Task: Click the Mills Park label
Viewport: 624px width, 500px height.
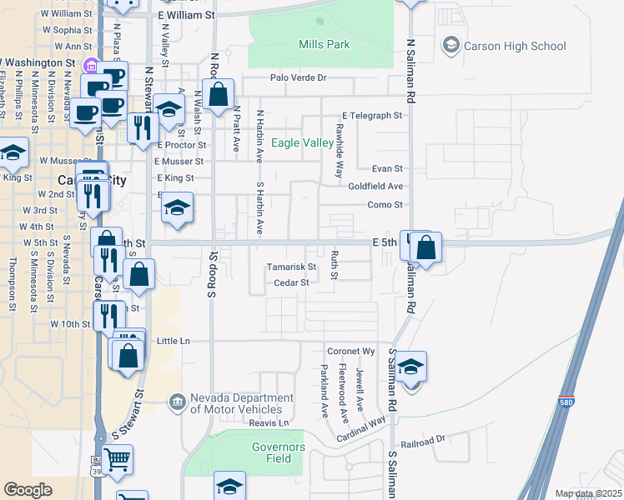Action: [325, 44]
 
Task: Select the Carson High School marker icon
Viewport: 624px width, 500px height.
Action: [451, 45]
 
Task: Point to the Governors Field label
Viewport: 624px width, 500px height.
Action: [279, 452]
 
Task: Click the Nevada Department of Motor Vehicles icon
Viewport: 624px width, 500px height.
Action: [176, 403]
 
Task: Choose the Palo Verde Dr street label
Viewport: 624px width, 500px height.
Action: [298, 77]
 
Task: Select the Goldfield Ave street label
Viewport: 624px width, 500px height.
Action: [375, 187]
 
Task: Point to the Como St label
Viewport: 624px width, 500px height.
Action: [385, 204]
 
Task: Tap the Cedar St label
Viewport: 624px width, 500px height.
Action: [292, 282]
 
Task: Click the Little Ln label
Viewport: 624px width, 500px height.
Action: [174, 341]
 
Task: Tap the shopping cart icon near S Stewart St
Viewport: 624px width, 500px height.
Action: [117, 459]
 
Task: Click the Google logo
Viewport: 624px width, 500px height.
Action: [28, 490]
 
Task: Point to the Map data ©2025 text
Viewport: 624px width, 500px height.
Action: [588, 493]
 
